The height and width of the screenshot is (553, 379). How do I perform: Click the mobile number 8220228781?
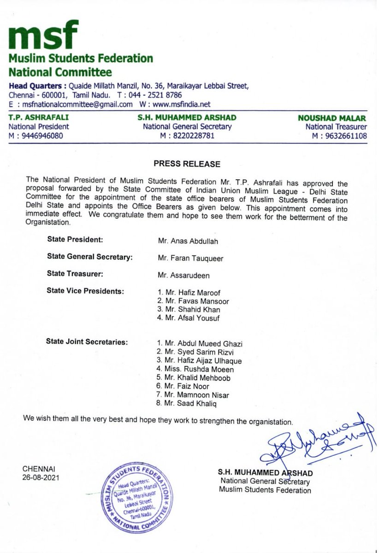tap(187, 135)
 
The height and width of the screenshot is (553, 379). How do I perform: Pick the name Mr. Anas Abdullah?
tap(185, 241)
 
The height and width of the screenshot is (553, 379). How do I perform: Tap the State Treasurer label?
tap(75, 274)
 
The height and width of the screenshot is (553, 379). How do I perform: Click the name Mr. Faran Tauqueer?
tap(190, 259)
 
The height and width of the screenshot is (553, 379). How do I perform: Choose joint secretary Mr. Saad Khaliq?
tap(186, 404)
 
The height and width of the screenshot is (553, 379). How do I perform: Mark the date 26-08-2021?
tap(41, 477)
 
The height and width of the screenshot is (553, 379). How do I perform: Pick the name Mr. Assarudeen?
tap(184, 275)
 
